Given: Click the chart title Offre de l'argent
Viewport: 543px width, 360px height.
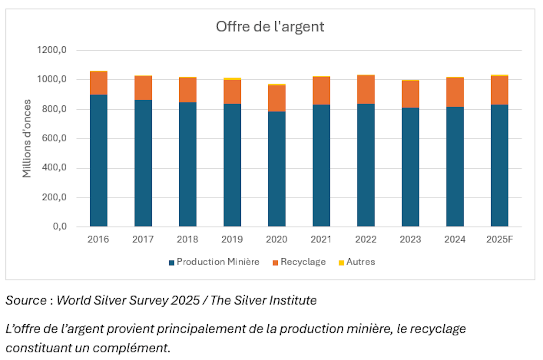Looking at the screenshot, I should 270,27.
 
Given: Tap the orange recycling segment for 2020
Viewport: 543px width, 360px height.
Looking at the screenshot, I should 277,98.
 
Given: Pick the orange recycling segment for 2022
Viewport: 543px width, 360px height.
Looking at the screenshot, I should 366,90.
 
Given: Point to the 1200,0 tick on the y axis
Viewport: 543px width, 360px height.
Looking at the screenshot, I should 52,50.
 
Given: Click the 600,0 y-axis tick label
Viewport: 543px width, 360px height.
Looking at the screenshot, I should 54,138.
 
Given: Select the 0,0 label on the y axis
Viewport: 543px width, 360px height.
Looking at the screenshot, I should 60,226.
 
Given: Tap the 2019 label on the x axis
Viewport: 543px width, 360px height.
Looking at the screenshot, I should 232,239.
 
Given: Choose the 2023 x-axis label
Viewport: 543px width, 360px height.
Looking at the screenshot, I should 410,239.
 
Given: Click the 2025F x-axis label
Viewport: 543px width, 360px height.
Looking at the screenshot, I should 499,239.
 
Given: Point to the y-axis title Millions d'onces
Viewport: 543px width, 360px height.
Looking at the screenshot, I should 27,138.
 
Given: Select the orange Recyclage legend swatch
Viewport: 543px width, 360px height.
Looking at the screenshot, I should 275,263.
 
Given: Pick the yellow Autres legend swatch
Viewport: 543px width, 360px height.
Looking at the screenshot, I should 341,263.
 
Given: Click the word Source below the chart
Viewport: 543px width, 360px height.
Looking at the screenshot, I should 26,300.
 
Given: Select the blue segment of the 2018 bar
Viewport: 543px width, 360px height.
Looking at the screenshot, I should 188,164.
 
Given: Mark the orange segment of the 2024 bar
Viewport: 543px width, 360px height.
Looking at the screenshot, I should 455,92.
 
